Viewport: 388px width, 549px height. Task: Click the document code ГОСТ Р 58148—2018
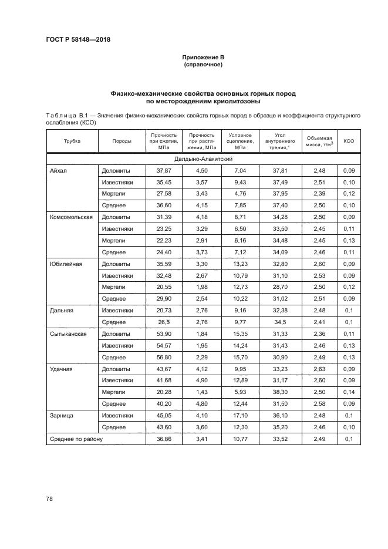pos(78,39)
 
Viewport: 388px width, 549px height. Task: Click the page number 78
pos(49,499)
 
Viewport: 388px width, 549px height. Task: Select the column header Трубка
pos(72,141)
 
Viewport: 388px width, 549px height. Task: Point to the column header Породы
pos(122,141)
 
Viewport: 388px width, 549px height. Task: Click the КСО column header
pos(349,141)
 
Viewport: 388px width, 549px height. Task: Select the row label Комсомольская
pos(72,217)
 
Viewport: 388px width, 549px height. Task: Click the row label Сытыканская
pos(69,334)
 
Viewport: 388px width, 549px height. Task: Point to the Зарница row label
pos(63,415)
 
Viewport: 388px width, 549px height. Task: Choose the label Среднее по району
pos(77,438)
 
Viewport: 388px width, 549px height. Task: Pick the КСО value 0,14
pos(349,392)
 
